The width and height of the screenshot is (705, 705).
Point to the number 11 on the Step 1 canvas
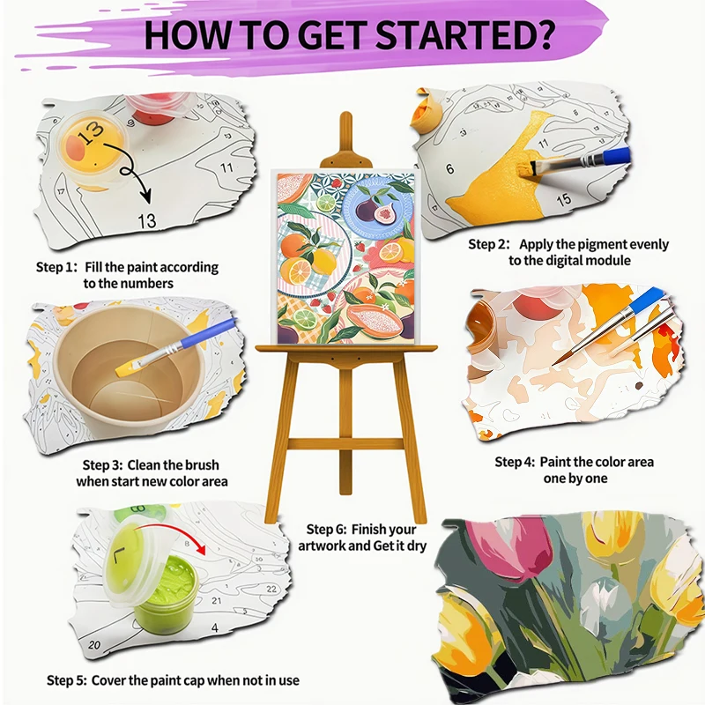(x=227, y=167)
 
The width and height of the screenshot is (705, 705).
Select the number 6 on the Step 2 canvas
(x=449, y=167)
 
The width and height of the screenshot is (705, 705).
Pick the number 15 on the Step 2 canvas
(x=563, y=199)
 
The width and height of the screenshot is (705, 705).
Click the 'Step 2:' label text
(x=488, y=244)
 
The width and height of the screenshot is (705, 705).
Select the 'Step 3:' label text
(x=101, y=464)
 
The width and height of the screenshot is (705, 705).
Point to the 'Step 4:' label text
(x=514, y=462)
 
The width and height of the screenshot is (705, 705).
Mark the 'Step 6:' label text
(x=325, y=530)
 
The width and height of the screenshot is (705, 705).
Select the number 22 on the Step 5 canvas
(x=271, y=589)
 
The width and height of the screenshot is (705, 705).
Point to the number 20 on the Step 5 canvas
(x=94, y=645)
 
